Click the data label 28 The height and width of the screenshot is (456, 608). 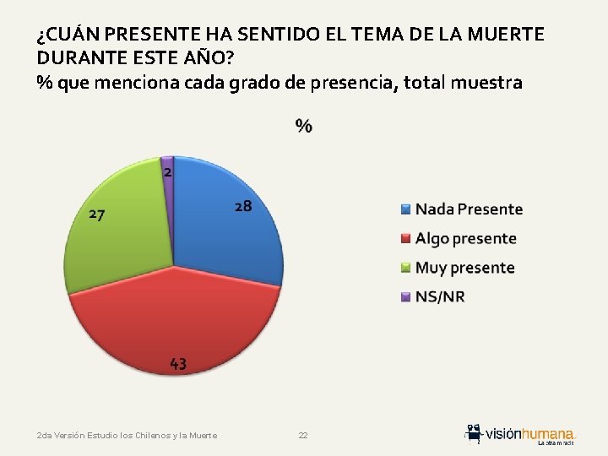click(242, 206)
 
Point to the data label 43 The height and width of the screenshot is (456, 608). click(178, 364)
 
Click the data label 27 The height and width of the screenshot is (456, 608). click(97, 214)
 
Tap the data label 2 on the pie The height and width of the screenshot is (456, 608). click(168, 171)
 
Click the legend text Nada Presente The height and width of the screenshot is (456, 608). click(469, 209)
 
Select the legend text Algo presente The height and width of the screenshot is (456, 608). click(465, 238)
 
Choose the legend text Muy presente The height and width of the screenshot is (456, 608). click(464, 268)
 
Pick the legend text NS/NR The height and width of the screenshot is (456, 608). click(440, 296)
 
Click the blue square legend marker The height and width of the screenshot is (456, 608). click(405, 209)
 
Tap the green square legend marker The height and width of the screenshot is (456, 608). click(405, 268)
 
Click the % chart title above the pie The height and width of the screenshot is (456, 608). click(303, 127)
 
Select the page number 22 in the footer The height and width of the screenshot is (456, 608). click(303, 436)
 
